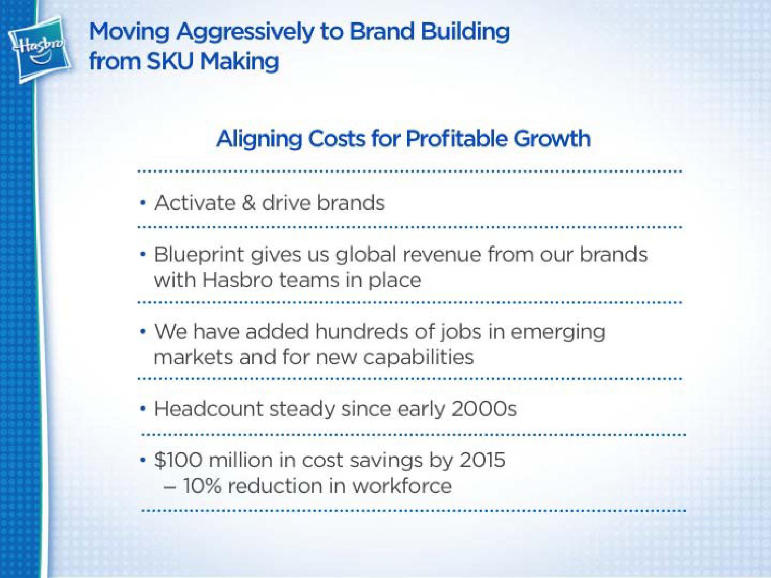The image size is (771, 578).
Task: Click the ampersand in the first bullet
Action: [249, 203]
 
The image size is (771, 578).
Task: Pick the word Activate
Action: [195, 203]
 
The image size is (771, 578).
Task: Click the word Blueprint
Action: [199, 255]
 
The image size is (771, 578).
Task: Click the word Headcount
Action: [209, 409]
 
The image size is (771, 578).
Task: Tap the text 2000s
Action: [484, 409]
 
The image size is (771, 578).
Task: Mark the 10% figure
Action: [203, 486]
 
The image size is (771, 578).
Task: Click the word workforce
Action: [402, 486]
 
